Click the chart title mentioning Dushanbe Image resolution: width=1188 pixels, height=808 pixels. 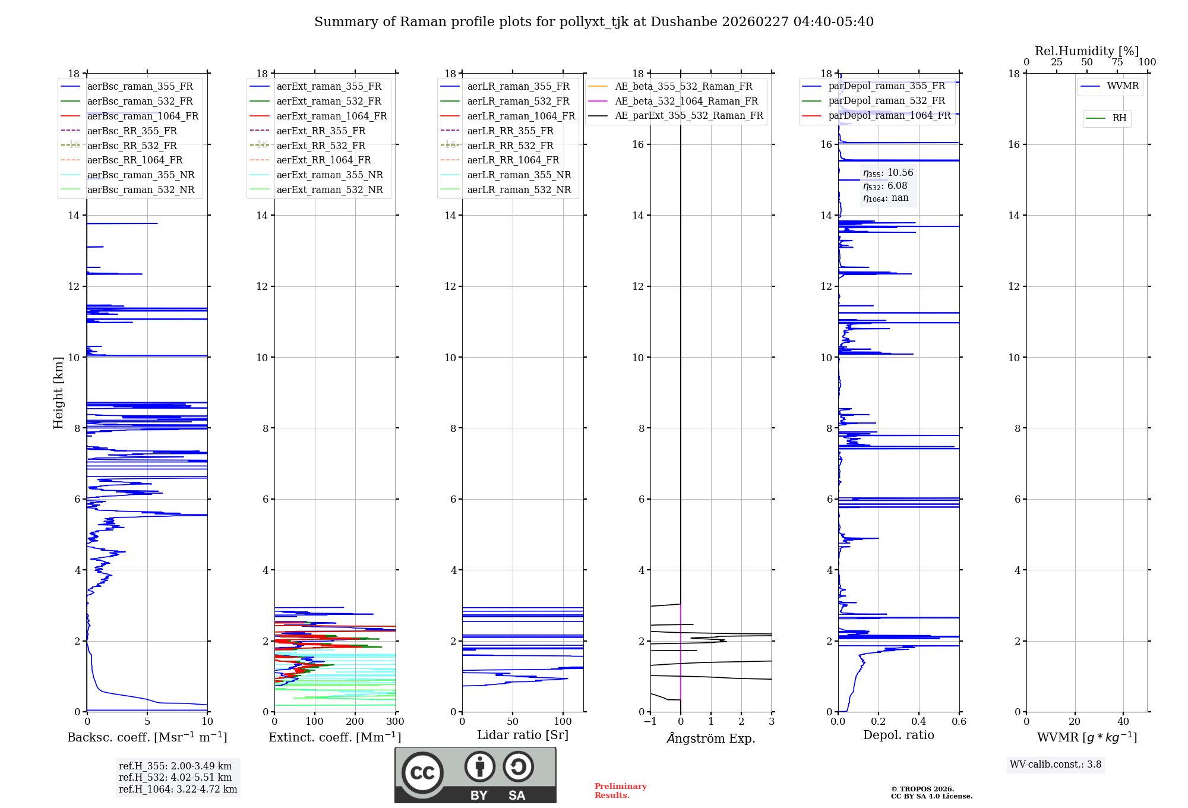pos(594,22)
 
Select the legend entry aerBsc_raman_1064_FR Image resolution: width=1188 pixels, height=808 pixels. pos(143,116)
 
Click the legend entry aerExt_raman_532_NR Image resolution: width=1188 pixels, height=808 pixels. pos(330,190)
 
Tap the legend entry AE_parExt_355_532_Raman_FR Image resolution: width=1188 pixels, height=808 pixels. pos(689,115)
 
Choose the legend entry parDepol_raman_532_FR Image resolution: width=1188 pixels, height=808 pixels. pos(886,101)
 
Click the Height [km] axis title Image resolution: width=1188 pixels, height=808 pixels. pos(58,392)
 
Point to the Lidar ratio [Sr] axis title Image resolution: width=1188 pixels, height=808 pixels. pos(523,735)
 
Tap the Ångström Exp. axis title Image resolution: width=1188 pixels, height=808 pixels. pos(711,738)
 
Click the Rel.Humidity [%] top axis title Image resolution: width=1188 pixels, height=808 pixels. pos(1086,51)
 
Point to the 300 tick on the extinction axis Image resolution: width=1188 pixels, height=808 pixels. pos(395,722)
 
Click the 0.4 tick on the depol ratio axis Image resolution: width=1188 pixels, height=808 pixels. pos(919,722)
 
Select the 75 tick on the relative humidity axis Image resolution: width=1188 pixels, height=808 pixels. pos(1117,62)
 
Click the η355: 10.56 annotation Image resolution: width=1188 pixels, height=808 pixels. pos(888,173)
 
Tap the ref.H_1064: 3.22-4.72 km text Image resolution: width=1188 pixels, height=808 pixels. pos(178,789)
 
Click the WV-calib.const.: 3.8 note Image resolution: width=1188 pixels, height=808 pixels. pos(1056,765)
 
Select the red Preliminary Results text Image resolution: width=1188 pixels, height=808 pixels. pos(620,790)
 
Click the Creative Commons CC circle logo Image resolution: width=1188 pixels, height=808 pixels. pos(422,773)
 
